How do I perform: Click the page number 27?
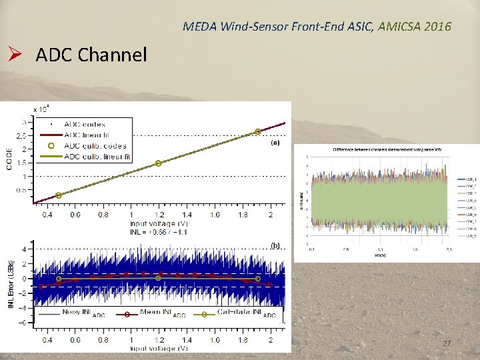click(447, 343)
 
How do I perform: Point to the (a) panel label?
click(275, 143)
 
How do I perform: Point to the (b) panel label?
click(275, 245)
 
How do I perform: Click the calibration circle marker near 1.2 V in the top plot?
click(158, 163)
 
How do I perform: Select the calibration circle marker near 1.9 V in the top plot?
click(258, 132)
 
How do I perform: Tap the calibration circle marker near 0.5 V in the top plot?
click(59, 195)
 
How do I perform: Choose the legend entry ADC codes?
click(85, 124)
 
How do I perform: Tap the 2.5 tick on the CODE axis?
click(22, 135)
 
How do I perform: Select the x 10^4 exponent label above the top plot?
click(41, 109)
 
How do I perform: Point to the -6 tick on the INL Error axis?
click(23, 323)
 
